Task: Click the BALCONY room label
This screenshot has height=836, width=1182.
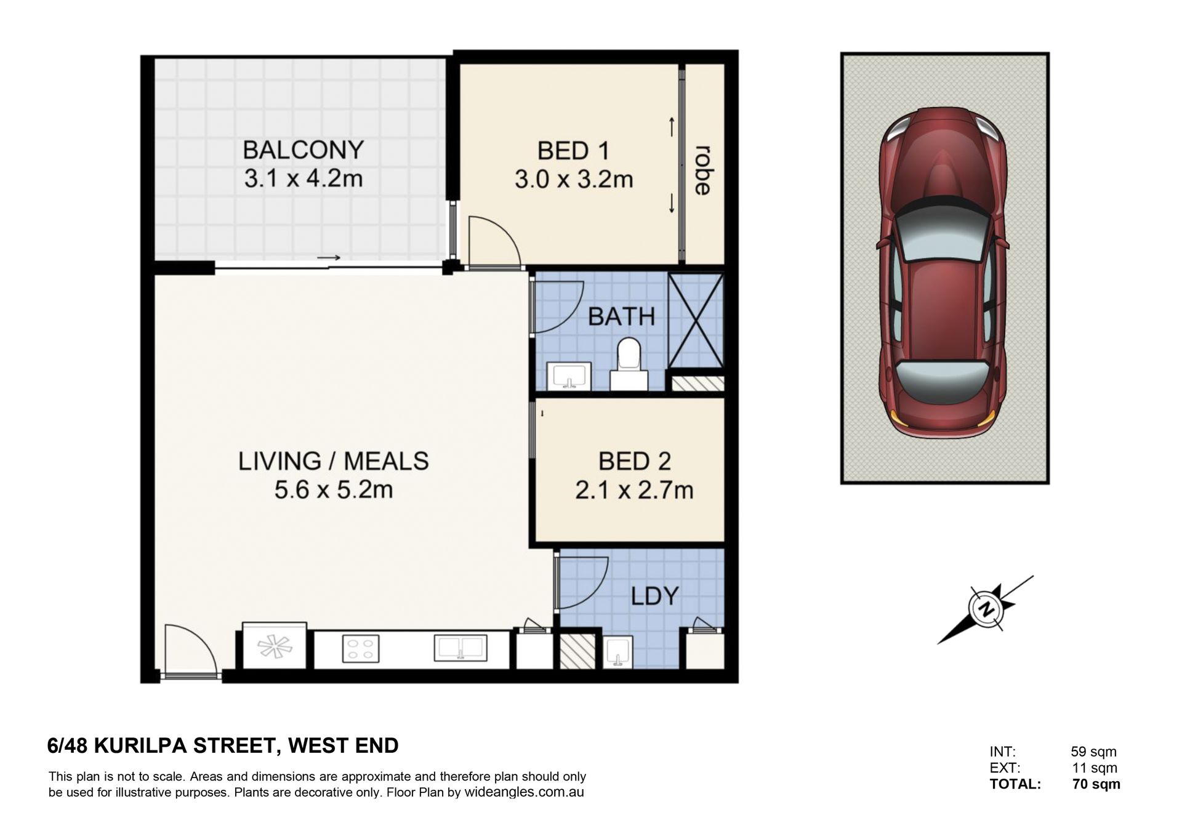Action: click(303, 150)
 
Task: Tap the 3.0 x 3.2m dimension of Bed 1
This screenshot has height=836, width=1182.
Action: click(574, 179)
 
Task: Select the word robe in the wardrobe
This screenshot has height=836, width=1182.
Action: click(702, 170)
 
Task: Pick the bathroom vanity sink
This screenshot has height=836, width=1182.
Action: click(569, 376)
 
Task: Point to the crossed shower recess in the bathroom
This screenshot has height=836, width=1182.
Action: click(696, 321)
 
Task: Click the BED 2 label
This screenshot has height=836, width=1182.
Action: click(634, 461)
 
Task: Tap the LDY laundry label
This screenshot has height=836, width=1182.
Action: click(654, 595)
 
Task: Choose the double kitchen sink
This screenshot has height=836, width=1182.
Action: click(460, 648)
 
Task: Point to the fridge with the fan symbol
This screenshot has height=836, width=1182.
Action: click(275, 646)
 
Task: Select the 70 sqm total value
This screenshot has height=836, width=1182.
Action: click(1096, 784)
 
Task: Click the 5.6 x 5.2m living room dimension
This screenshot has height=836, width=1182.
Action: click(334, 490)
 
